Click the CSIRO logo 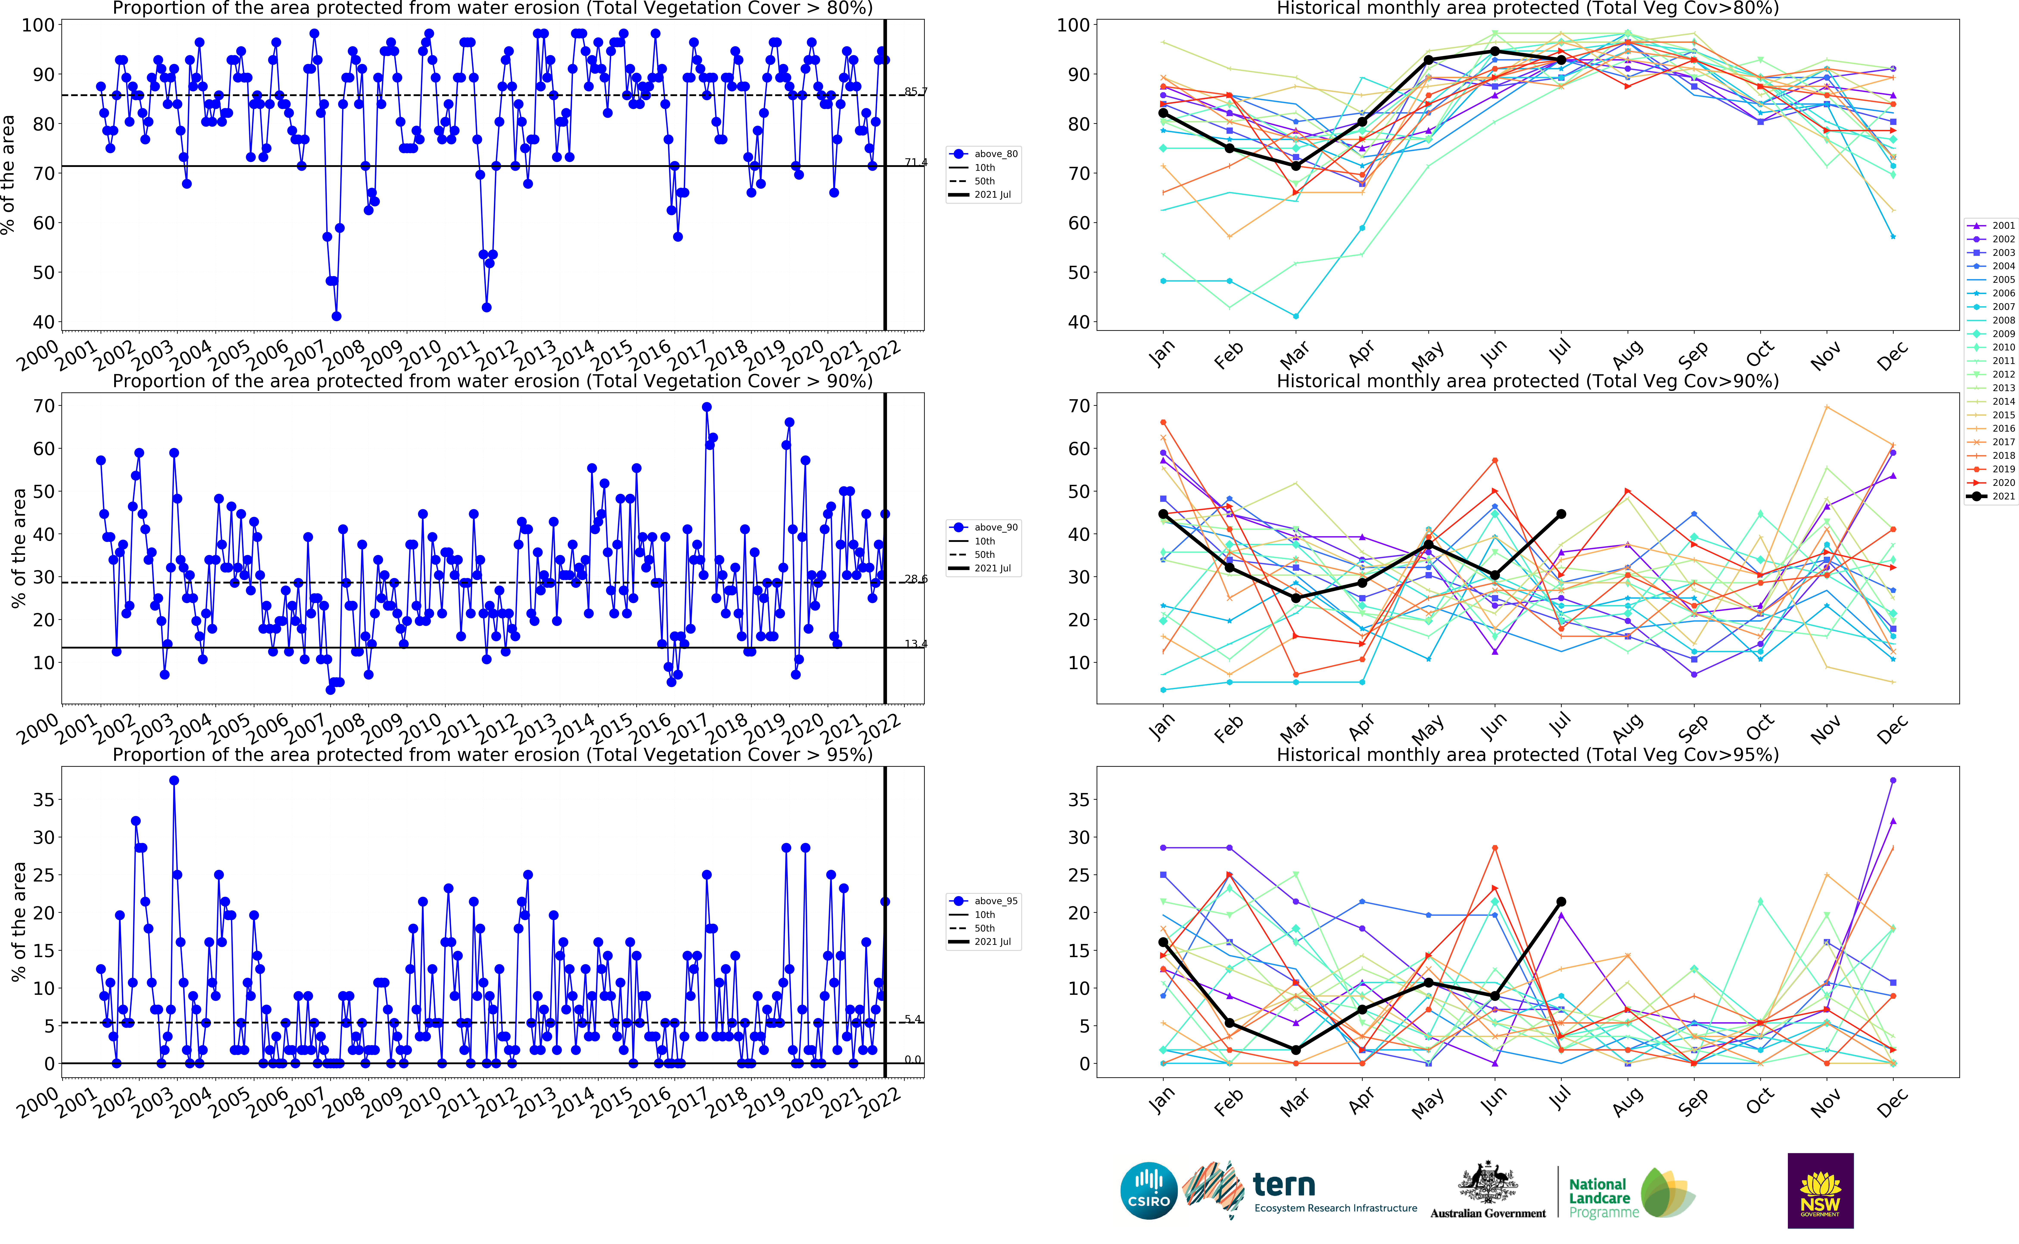click(x=1149, y=1191)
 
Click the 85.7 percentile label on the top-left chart click(x=915, y=91)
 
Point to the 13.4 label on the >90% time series click(x=915, y=643)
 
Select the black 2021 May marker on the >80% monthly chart click(x=1428, y=60)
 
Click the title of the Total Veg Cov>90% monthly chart click(x=1527, y=381)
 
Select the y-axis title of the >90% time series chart click(x=18, y=548)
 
